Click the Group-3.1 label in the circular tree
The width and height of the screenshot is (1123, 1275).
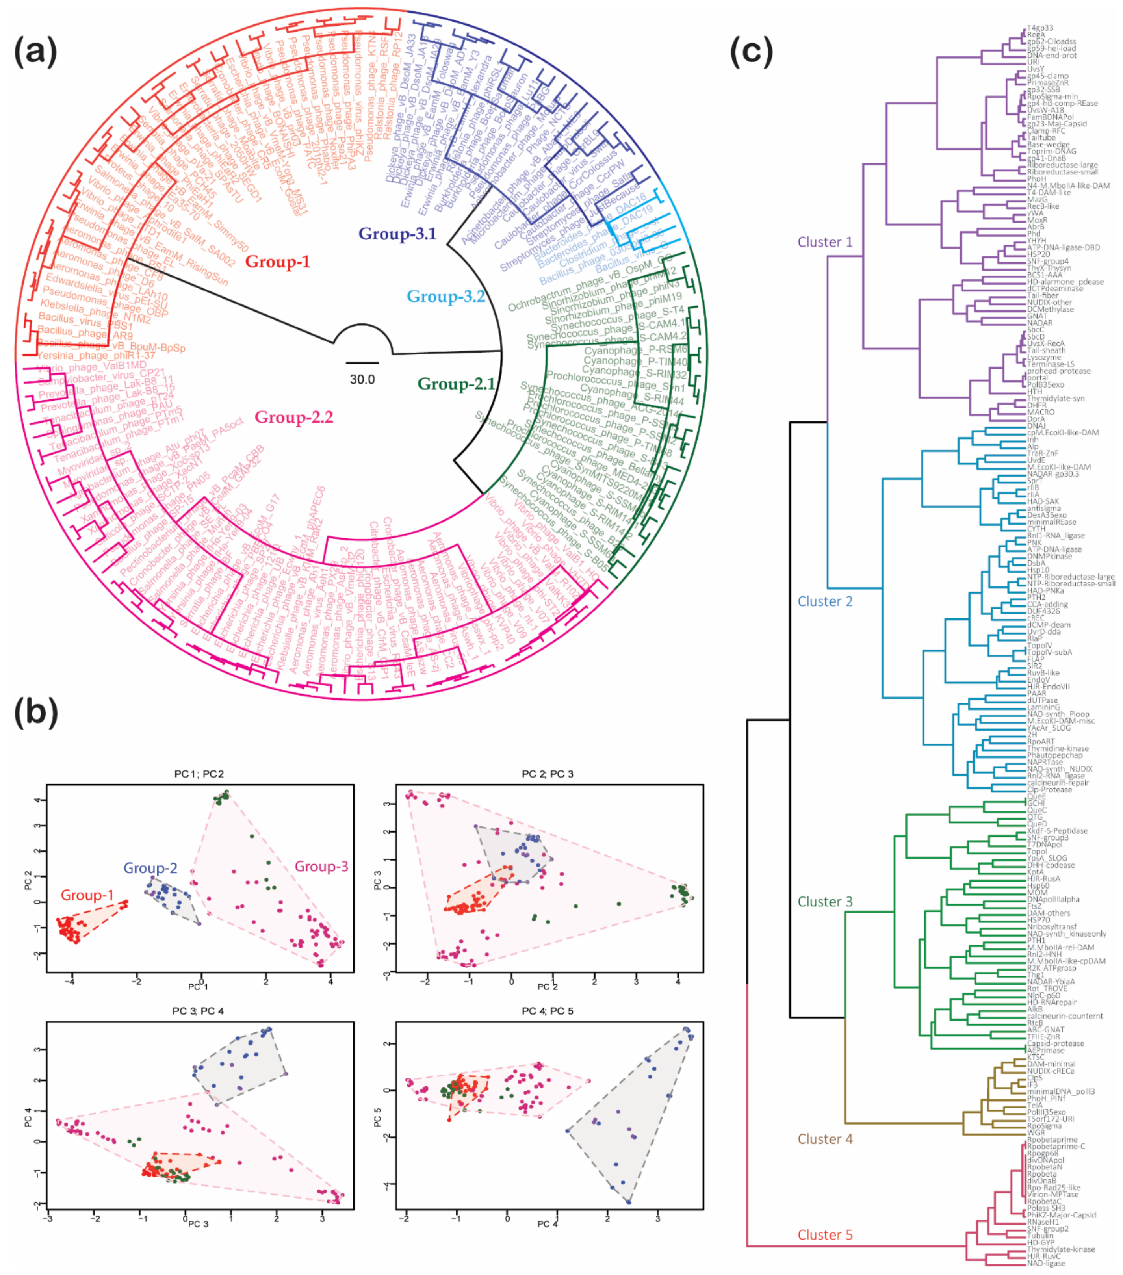397,234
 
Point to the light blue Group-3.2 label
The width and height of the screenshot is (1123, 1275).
445,296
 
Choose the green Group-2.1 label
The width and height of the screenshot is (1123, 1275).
456,384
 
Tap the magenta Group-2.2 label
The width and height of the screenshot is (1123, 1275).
293,417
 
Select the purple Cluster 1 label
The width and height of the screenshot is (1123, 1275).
825,242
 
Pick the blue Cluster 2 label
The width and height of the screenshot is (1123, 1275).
825,601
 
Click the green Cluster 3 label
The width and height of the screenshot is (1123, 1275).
825,901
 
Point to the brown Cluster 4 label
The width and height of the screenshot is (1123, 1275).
825,1139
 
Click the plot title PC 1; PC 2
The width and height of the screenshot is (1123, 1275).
199,774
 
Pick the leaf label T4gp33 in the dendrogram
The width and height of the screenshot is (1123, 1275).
1040,28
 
